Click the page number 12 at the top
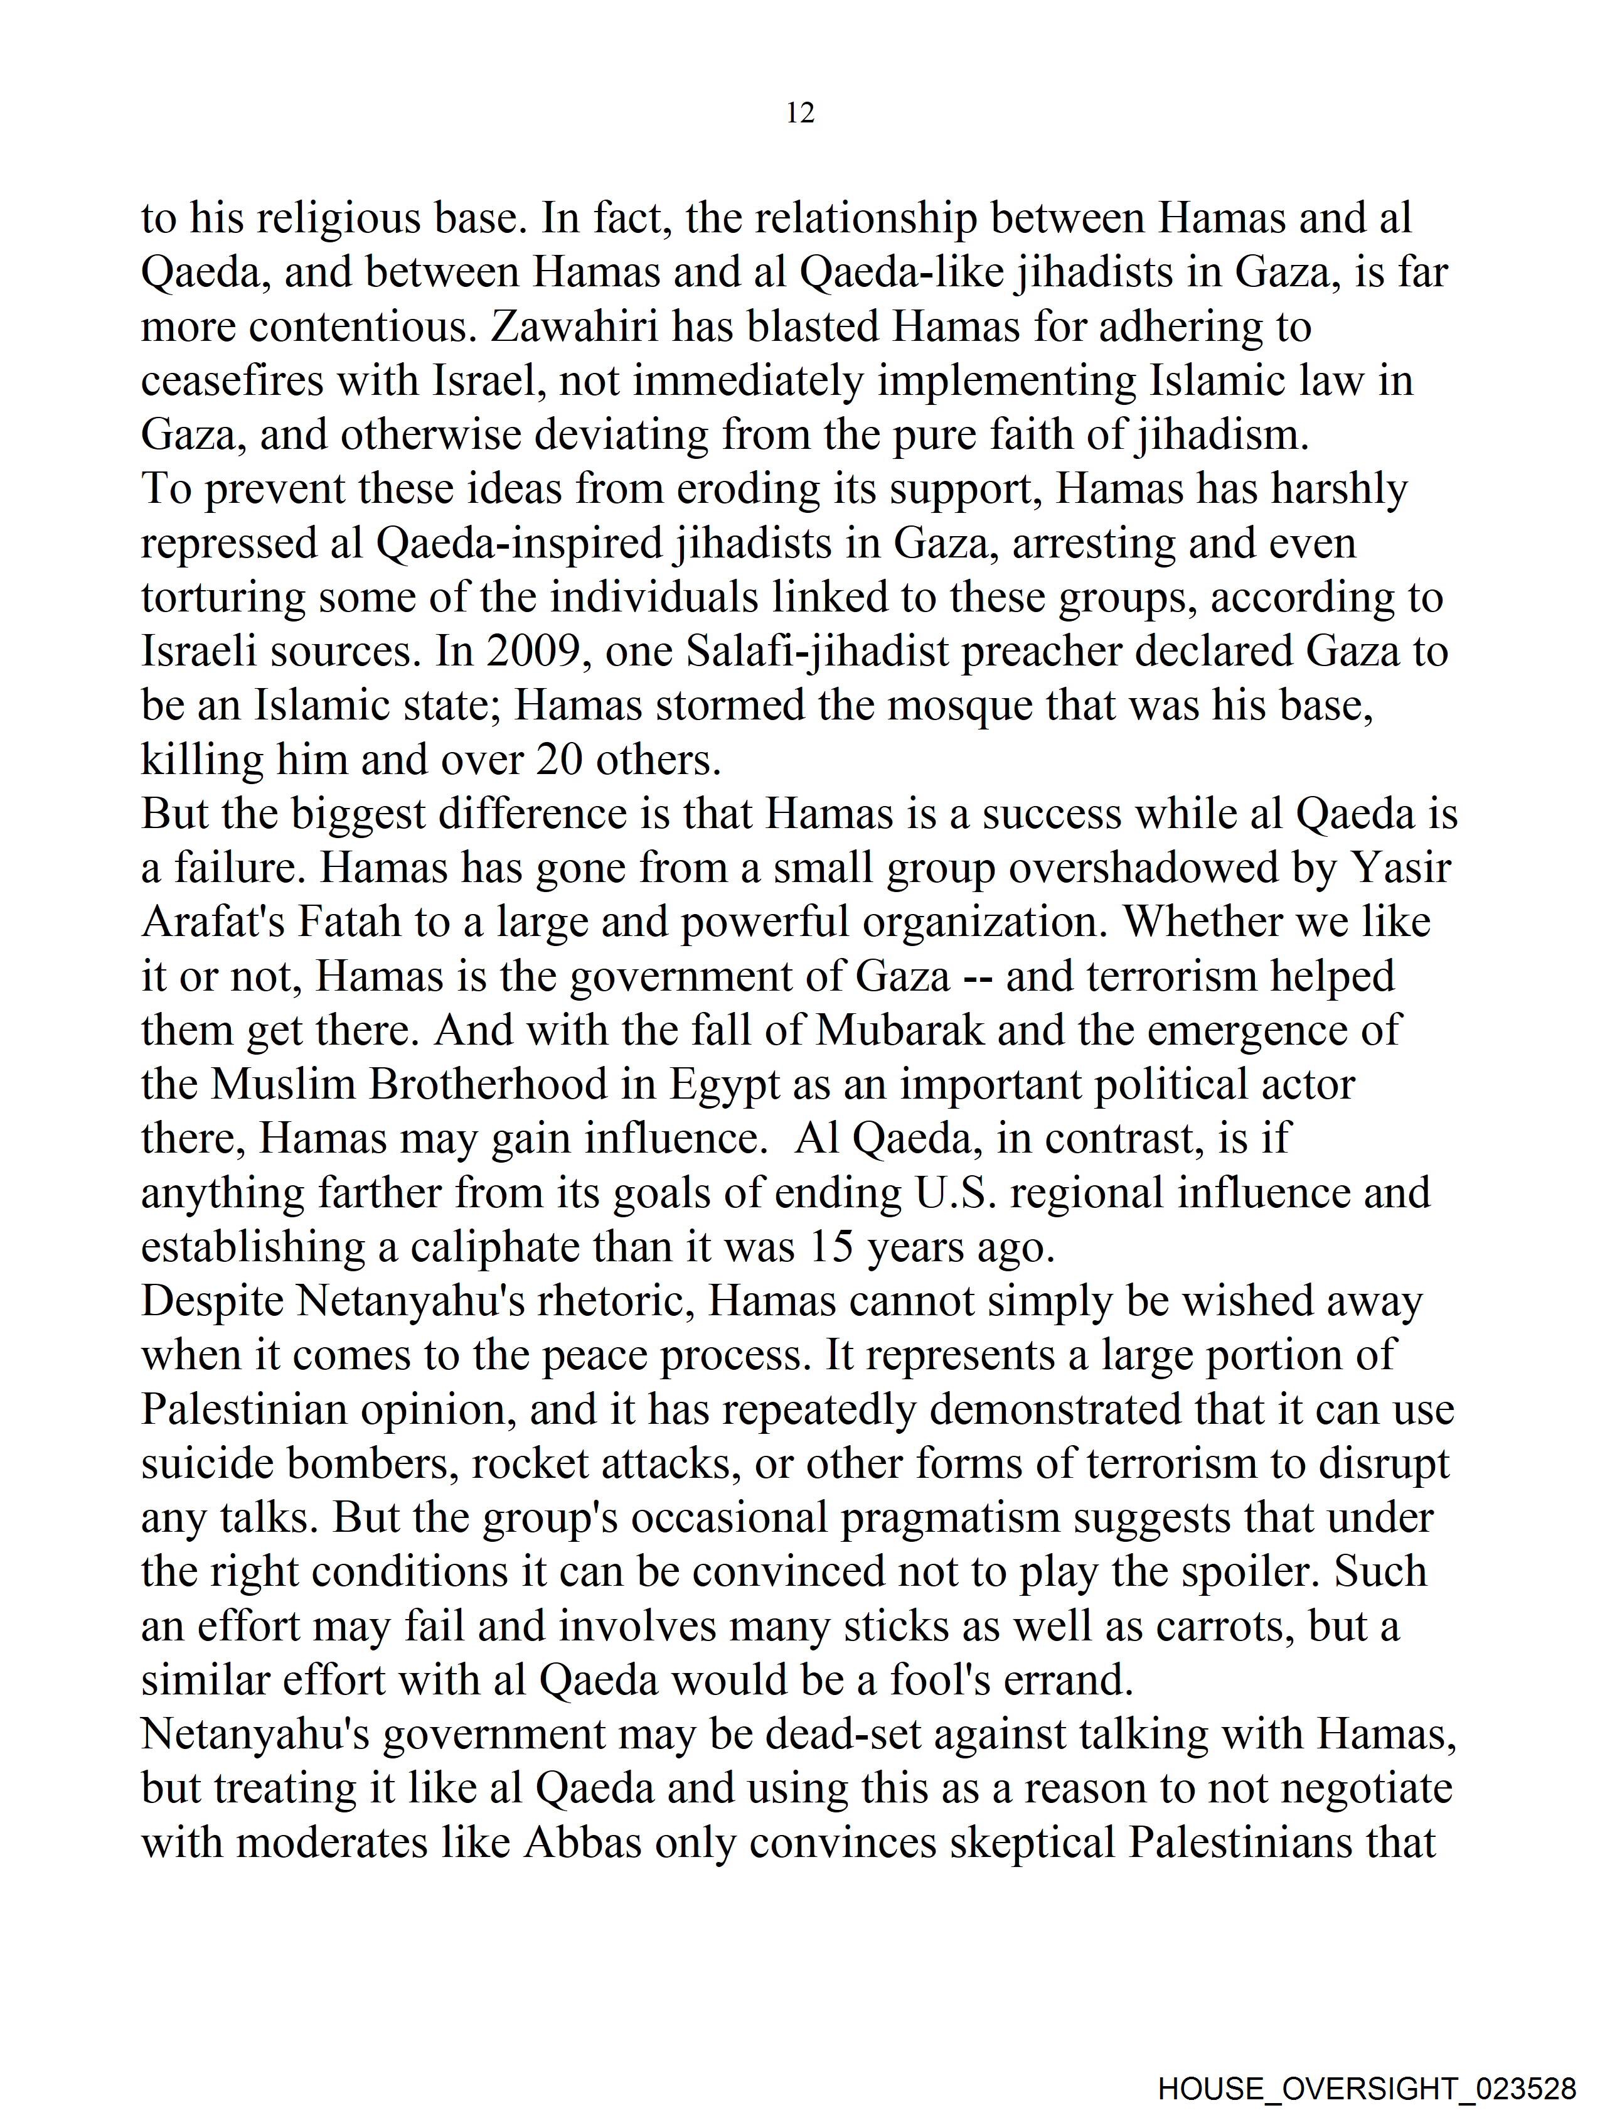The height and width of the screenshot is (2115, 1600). [x=800, y=113]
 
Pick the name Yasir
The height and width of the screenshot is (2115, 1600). [x=1400, y=868]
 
